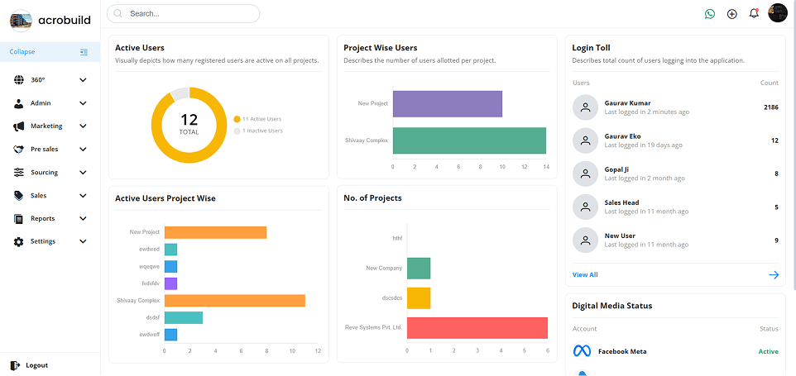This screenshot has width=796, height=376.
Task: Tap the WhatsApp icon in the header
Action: [x=709, y=14]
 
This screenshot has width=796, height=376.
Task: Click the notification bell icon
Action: [x=754, y=13]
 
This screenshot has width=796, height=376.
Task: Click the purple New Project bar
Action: [x=448, y=104]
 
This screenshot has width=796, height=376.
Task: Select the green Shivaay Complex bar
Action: [x=469, y=140]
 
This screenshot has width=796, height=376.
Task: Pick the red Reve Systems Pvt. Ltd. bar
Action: [x=477, y=328]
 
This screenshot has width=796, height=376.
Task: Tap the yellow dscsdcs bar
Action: [x=419, y=298]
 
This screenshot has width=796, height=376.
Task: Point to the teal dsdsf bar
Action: [x=184, y=317]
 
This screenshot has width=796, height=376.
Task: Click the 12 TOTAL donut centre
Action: [x=189, y=125]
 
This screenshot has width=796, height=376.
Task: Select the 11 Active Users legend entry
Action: [x=261, y=119]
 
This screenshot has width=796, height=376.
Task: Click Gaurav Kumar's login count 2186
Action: [x=770, y=107]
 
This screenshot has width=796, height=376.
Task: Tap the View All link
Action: [x=585, y=274]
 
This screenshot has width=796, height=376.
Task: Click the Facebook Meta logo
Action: [x=583, y=351]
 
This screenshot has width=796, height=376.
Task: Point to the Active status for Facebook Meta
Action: [x=768, y=351]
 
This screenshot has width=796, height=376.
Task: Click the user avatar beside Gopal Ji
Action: [x=585, y=174]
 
